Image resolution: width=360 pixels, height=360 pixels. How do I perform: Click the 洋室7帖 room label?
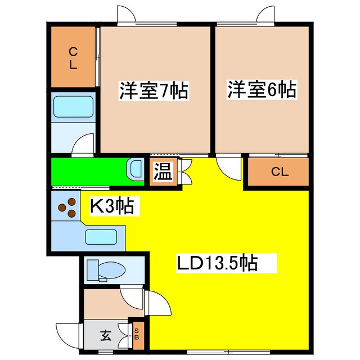(154, 91)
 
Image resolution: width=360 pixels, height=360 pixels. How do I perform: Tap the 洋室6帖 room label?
(262, 89)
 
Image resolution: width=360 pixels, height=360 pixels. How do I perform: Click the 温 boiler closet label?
(163, 172)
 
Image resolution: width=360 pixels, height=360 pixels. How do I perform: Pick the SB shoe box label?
(137, 334)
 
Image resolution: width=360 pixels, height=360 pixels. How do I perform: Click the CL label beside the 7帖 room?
(73, 58)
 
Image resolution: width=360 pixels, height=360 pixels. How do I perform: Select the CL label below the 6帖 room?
(280, 172)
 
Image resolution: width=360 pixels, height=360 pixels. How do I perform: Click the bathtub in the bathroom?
(74, 107)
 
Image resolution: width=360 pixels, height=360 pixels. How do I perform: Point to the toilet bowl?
(112, 270)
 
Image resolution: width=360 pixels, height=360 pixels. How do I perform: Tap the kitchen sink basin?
(101, 237)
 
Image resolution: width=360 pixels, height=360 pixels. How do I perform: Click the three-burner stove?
(67, 208)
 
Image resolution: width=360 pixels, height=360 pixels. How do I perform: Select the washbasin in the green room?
(136, 169)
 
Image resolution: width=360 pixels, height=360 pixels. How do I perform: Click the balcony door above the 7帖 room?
(126, 14)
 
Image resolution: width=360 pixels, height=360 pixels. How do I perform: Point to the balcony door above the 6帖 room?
(265, 14)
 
